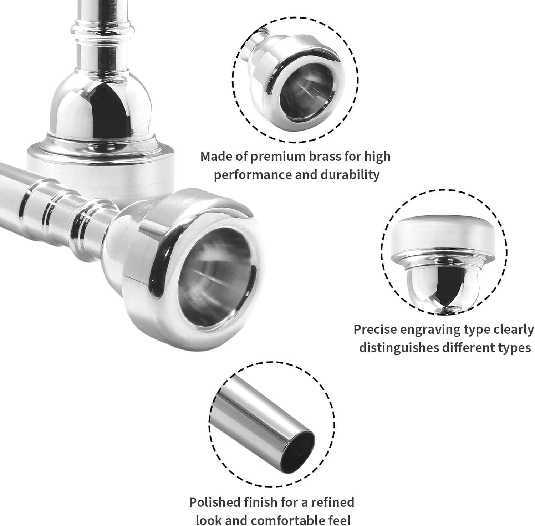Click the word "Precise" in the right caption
click(x=374, y=330)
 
